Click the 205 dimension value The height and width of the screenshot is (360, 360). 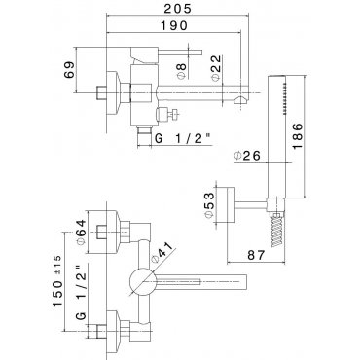click(x=177, y=8)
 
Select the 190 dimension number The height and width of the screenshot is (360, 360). click(x=173, y=25)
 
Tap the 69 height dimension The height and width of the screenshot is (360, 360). click(x=69, y=70)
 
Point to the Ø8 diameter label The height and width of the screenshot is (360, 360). click(x=182, y=70)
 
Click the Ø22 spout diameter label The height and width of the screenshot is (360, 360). click(x=216, y=68)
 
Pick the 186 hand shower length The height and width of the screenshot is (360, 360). click(x=297, y=136)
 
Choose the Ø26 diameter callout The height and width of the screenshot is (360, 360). click(x=247, y=156)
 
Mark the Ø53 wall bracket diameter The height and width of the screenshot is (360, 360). click(x=209, y=205)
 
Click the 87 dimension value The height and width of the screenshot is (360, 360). click(x=256, y=255)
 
